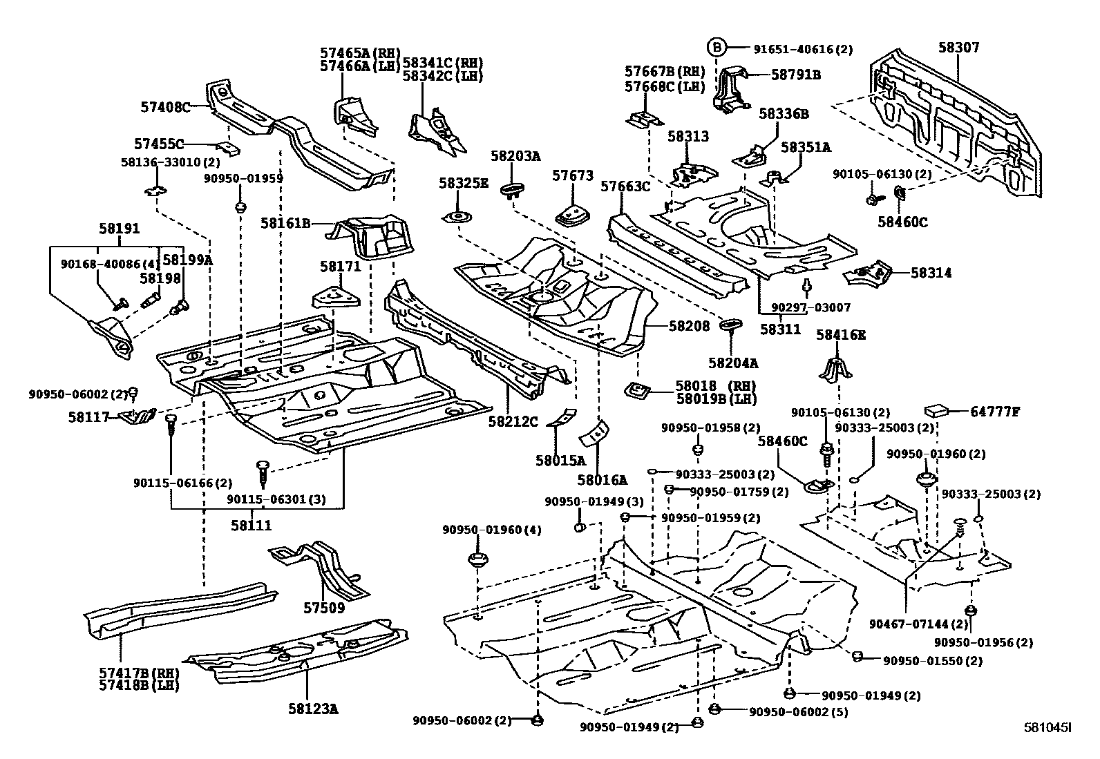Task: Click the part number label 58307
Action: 958,48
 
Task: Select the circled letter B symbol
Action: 717,48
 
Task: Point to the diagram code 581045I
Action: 1047,727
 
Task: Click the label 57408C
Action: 164,107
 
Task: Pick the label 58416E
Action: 841,335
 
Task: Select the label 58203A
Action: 515,156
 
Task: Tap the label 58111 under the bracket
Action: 251,526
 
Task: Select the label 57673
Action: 572,176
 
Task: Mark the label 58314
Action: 931,273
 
